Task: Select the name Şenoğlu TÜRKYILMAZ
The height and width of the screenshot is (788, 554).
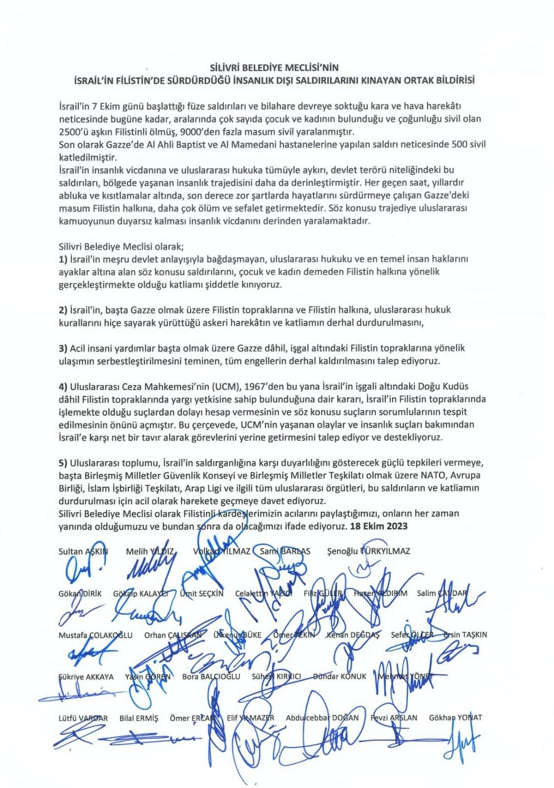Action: [x=368, y=551]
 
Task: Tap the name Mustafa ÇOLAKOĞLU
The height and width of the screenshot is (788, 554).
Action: [x=95, y=635]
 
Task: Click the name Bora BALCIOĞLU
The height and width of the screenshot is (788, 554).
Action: [x=211, y=677]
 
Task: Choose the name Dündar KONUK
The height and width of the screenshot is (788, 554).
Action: [x=340, y=677]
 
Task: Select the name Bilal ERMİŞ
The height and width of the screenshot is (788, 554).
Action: [x=138, y=718]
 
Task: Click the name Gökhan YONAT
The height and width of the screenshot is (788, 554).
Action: [x=456, y=718]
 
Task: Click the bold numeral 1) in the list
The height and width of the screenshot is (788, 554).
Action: [x=63, y=259]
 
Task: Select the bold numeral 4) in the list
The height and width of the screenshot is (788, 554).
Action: [x=63, y=386]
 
